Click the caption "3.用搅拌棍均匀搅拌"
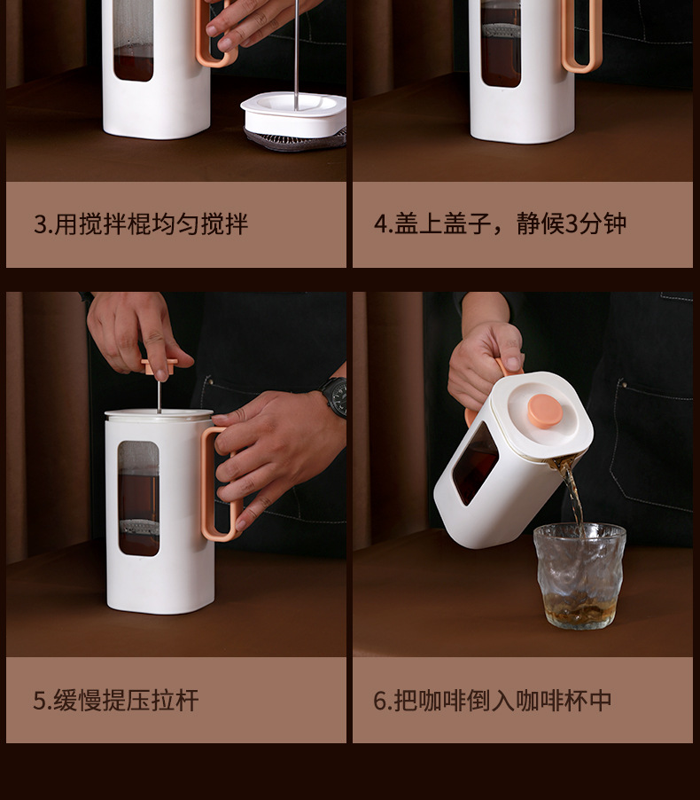coord(140,224)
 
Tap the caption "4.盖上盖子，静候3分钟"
coord(500,224)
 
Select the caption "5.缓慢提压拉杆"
coord(116,701)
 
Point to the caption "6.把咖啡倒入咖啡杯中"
coord(493,701)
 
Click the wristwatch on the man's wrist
coord(335,396)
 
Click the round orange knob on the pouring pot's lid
coord(544,411)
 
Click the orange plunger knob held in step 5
coord(159,365)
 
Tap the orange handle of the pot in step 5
coord(217,483)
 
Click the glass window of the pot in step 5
coord(138,498)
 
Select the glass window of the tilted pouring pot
coord(474,466)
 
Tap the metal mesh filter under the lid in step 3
coord(296,139)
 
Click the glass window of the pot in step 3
coord(134,40)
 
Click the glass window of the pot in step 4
coord(501,44)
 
